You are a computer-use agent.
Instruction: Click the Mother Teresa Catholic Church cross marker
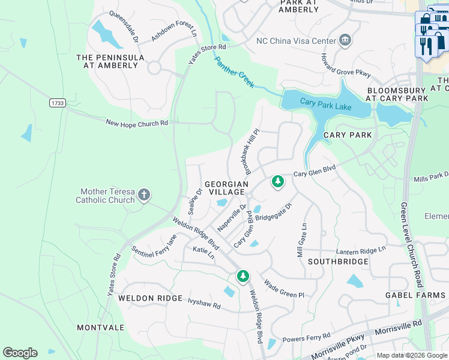[x=143, y=194]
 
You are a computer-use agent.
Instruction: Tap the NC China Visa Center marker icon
[x=345, y=41]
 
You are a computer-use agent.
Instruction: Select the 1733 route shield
[x=57, y=103]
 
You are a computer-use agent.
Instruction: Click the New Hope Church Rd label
[x=137, y=122]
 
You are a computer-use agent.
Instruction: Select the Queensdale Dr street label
[x=123, y=25]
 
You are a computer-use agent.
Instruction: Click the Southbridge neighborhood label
[x=338, y=262]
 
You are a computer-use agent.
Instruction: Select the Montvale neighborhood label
[x=100, y=328]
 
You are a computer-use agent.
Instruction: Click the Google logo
[x=20, y=353]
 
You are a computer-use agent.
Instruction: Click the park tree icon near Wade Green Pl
[x=243, y=277]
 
